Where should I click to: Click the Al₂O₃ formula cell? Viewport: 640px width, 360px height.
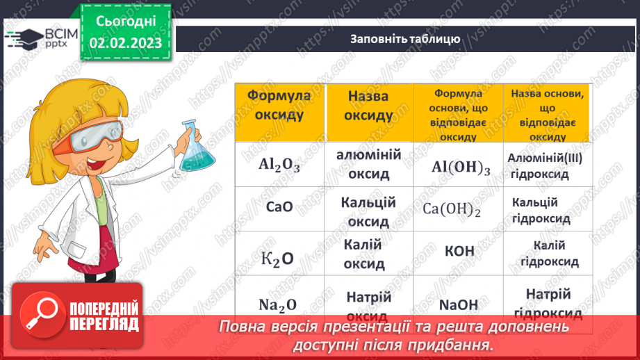coord(279,165)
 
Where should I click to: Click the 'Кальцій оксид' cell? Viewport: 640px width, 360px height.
coord(368,212)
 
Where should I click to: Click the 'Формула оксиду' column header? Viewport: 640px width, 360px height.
coord(279,105)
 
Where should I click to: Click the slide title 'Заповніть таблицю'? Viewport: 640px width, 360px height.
coord(404,39)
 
